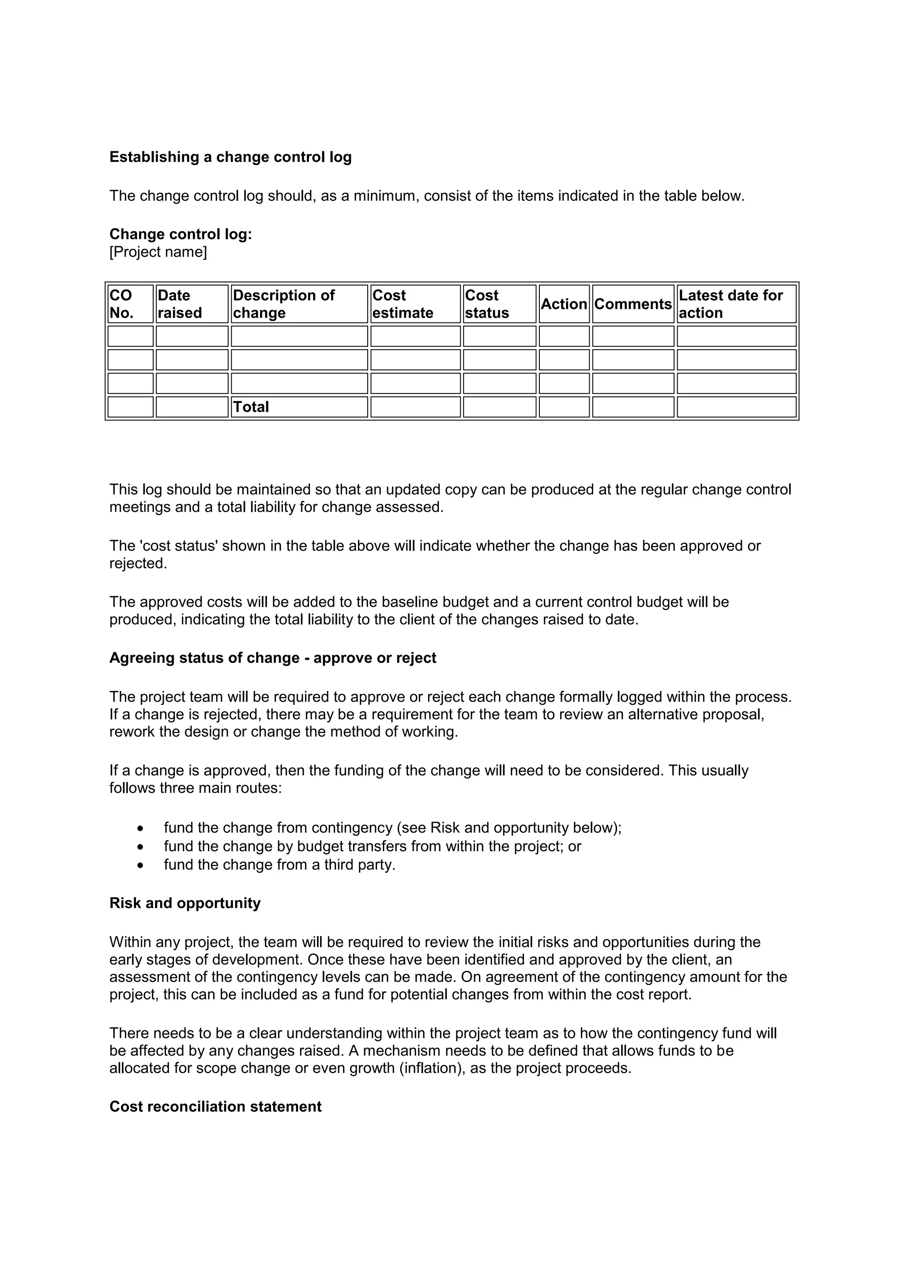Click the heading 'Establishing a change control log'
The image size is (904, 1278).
230,157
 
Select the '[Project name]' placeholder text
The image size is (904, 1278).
158,252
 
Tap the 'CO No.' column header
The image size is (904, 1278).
130,304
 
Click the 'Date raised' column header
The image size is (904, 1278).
192,304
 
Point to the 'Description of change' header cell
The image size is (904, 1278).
299,304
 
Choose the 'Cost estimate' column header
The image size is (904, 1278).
415,304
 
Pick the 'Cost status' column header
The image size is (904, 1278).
499,304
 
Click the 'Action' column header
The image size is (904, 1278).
564,304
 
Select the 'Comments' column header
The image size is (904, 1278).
633,304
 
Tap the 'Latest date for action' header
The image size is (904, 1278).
736,304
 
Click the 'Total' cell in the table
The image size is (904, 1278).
251,407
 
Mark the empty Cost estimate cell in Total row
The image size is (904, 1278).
415,407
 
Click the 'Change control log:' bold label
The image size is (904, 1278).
181,234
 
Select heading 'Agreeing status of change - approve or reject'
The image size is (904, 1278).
273,658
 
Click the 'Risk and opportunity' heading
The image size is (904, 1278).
185,903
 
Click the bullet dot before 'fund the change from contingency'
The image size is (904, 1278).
140,828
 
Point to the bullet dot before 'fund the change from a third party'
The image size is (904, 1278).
140,865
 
